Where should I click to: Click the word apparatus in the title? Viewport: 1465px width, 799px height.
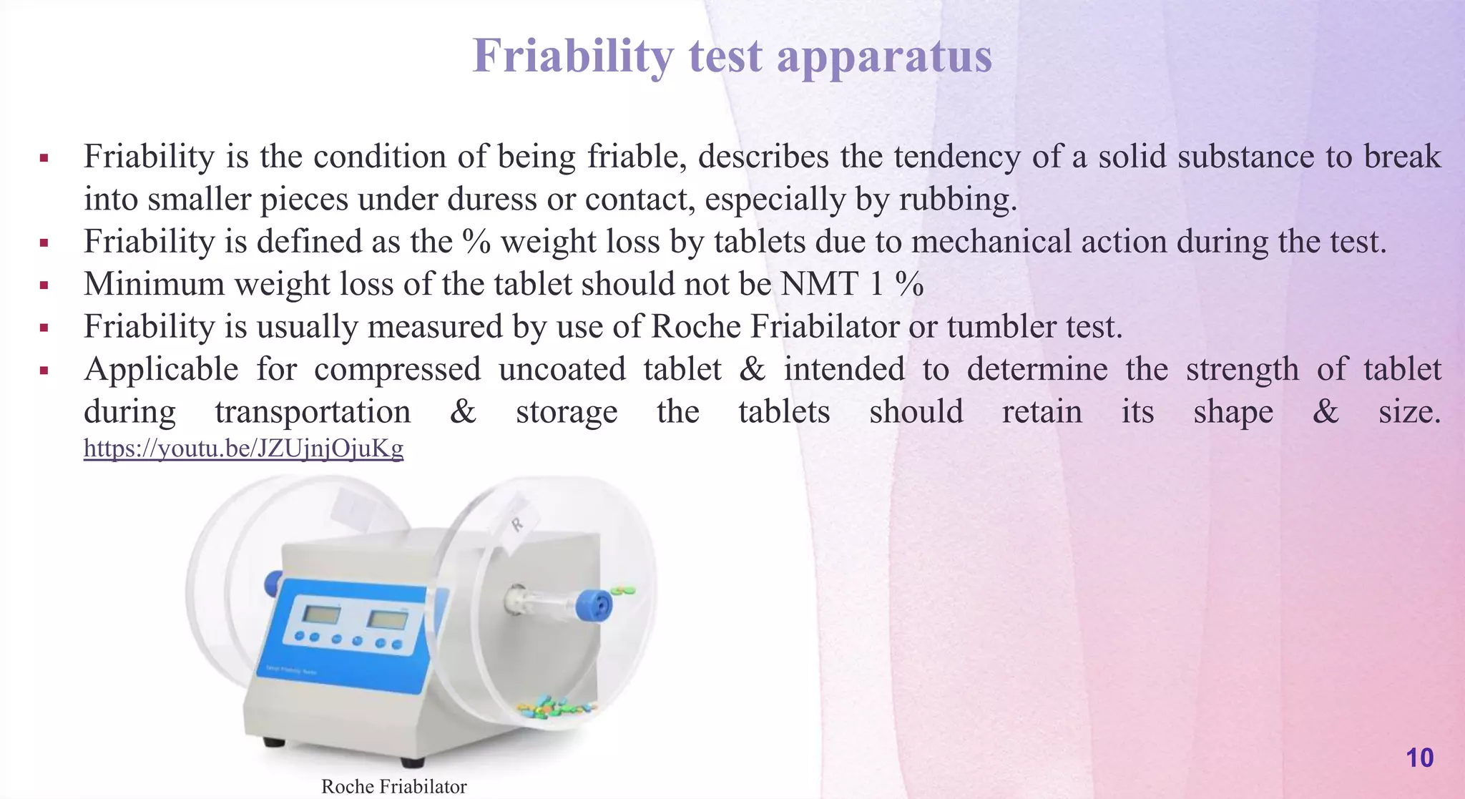coord(884,57)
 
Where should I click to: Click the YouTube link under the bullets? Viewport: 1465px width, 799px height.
coord(243,448)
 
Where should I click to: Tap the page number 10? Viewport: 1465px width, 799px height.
coord(1419,758)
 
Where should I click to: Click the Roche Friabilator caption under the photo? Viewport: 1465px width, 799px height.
coord(393,787)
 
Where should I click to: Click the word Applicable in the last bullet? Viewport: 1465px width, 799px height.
coord(161,370)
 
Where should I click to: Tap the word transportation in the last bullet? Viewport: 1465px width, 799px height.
coord(313,412)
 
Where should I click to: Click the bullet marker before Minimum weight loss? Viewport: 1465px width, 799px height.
coord(44,285)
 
